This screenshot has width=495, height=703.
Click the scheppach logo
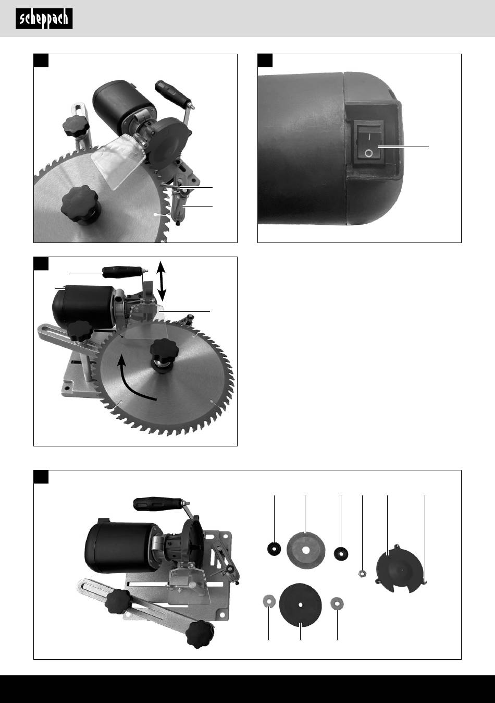[44, 19]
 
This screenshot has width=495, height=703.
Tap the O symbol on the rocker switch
[369, 153]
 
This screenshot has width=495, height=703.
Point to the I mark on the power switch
[369, 137]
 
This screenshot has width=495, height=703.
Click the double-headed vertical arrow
[162, 280]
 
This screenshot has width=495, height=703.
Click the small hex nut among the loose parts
[362, 574]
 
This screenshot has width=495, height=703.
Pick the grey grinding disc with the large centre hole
[306, 550]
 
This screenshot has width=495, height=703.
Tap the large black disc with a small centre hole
[300, 605]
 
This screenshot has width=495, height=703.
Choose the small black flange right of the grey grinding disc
[341, 553]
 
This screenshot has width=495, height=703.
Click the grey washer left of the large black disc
[269, 602]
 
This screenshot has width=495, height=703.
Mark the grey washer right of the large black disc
[337, 603]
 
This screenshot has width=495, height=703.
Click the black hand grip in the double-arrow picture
[122, 272]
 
